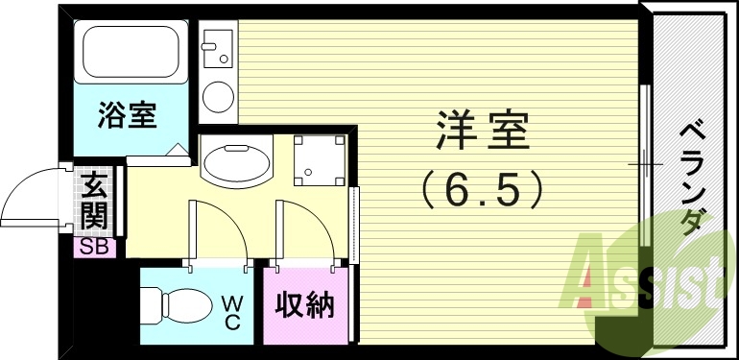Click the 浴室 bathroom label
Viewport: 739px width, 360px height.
127,118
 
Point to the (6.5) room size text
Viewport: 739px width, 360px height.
483,189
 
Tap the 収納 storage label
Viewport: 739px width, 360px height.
304,306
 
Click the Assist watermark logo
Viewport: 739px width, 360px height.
653,274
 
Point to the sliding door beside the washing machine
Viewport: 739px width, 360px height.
355,223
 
